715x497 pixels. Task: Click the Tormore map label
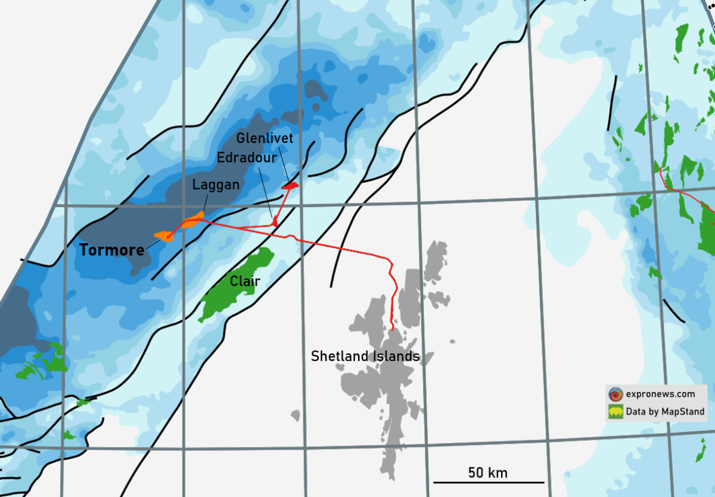coord(112,250)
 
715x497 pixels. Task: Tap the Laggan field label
coord(216,185)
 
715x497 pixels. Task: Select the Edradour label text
coord(247,159)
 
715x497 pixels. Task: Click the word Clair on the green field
coord(245,281)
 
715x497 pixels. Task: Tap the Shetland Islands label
coord(365,356)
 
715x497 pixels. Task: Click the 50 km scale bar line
coord(489,482)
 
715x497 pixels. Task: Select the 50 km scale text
coord(488,473)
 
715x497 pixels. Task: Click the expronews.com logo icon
coord(615,394)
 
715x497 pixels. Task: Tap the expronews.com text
coord(660,394)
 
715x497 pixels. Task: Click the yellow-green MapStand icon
coord(615,411)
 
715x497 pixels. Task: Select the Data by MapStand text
coord(665,411)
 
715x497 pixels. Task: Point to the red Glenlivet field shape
coord(290,187)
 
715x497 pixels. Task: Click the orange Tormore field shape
coord(163,236)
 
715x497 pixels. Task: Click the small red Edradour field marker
coord(275,222)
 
